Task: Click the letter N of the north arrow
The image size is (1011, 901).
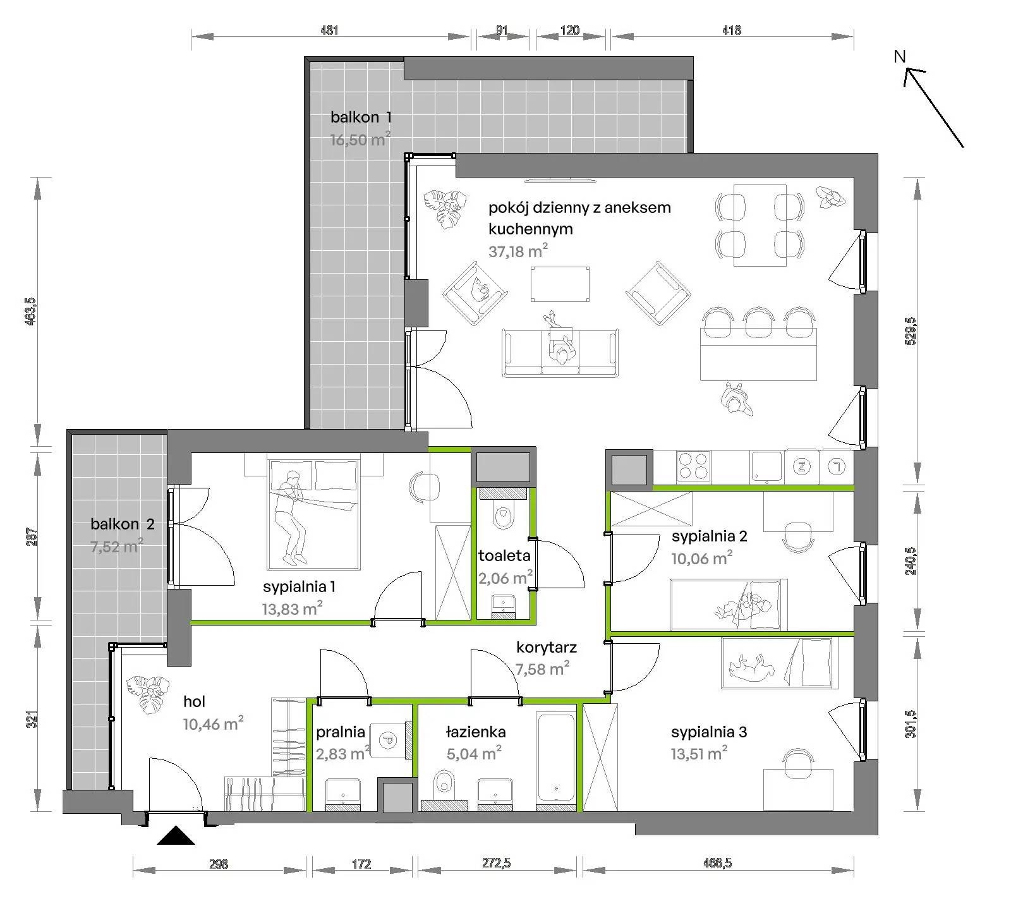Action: pos(900,56)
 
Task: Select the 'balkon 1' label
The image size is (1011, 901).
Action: pos(361,117)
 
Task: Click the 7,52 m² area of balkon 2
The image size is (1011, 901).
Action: pos(117,546)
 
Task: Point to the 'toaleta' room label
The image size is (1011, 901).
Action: pos(504,556)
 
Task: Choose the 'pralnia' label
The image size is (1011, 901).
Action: pos(341,732)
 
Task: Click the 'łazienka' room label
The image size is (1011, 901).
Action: pos(476,732)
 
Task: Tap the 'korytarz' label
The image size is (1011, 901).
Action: pos(547,647)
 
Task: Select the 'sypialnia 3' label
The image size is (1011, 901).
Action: pos(709,732)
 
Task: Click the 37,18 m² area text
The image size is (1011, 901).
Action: pos(518,251)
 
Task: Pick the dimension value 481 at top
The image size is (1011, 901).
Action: pos(329,30)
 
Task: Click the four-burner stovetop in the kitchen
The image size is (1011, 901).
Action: pos(693,467)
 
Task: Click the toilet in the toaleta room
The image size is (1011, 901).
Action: pos(504,513)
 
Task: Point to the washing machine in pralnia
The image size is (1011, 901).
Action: pos(389,739)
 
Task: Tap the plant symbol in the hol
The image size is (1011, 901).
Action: pos(147,694)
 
